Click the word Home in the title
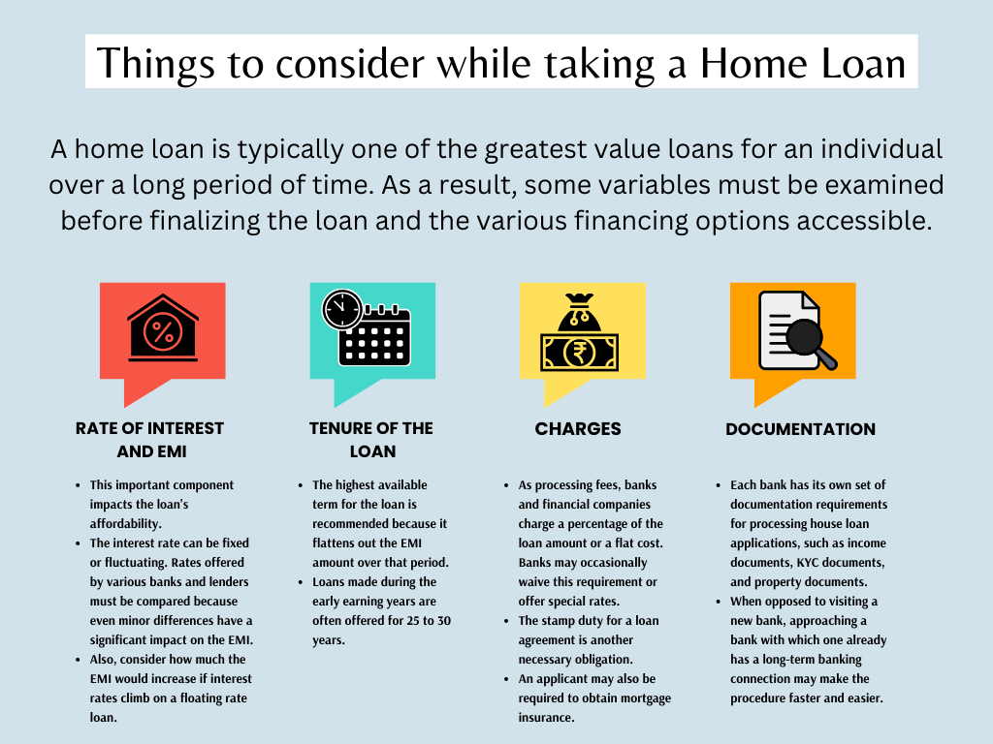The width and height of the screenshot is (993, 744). pos(754,63)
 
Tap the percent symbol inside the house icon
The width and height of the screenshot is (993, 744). pos(163,332)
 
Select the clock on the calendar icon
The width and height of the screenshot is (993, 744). pos(342,309)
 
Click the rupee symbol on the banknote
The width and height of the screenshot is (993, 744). pos(579,353)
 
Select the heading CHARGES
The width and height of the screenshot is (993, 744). pos(578,429)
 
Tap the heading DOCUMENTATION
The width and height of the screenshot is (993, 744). pos(800,429)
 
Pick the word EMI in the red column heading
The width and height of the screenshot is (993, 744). pos(172,451)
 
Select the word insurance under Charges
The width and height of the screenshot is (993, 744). pos(547,718)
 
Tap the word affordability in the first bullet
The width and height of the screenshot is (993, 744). pos(125,524)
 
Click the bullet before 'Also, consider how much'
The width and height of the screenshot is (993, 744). pos(78,660)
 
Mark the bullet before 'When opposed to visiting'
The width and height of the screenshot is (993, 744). pos(719,602)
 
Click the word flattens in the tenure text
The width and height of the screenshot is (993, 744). pos(335,542)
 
